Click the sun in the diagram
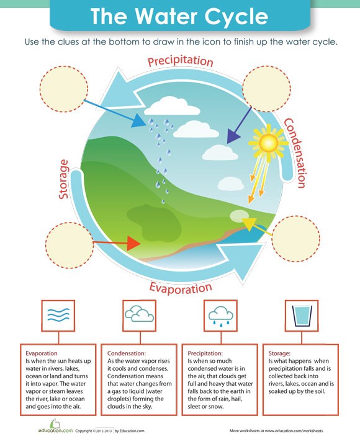pyautogui.click(x=268, y=143)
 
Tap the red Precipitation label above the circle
pyautogui.click(x=181, y=61)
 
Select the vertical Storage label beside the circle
pyautogui.click(x=63, y=179)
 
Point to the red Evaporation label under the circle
pyautogui.click(x=181, y=288)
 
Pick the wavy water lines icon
pyautogui.click(x=58, y=315)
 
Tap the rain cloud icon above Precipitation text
pyautogui.click(x=220, y=315)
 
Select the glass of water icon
pyautogui.click(x=302, y=316)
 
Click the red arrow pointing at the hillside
pyautogui.click(x=117, y=243)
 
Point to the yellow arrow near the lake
pyautogui.click(x=257, y=227)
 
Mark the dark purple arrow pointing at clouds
pyautogui.click(x=239, y=125)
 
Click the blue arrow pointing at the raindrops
pyautogui.click(x=115, y=113)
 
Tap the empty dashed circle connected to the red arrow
pyautogui.click(x=70, y=246)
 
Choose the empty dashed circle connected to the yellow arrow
pyautogui.click(x=295, y=239)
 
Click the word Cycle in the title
pyautogui.click(x=236, y=17)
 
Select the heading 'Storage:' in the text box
pyautogui.click(x=279, y=353)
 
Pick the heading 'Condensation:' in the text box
pyautogui.click(x=127, y=353)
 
